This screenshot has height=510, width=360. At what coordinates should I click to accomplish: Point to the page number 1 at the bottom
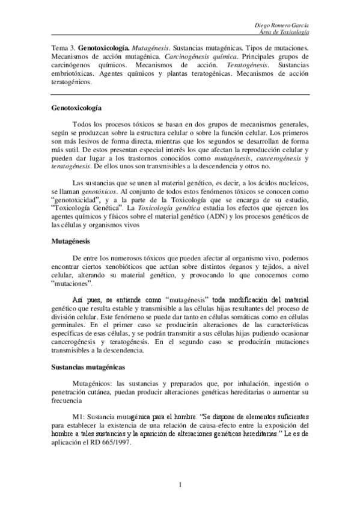point(180,484)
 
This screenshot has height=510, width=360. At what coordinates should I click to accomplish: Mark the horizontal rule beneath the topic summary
point(180,94)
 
